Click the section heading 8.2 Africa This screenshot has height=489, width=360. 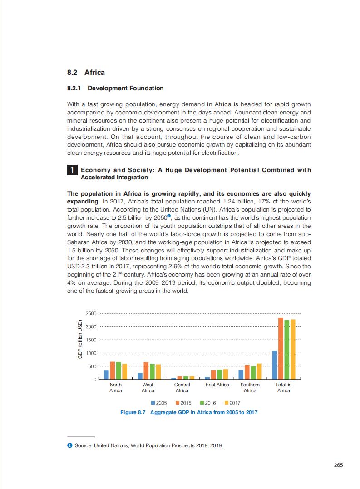click(x=86, y=73)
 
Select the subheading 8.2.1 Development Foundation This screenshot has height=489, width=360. click(x=115, y=88)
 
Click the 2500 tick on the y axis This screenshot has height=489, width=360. click(x=91, y=314)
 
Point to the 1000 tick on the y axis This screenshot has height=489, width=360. click(x=91, y=353)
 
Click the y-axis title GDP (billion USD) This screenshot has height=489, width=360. click(x=80, y=340)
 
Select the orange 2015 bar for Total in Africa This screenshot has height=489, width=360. click(x=281, y=348)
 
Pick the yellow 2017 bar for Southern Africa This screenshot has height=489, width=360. click(x=259, y=371)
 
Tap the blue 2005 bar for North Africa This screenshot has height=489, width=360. click(x=106, y=375)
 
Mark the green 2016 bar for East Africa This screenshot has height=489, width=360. click(x=219, y=374)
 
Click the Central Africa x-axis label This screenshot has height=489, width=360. click(x=182, y=387)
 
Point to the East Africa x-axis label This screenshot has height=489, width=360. click(x=217, y=385)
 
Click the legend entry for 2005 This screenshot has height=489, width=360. click(x=158, y=403)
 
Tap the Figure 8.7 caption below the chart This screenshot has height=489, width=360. click(x=188, y=412)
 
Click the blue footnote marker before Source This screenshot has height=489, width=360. click(x=69, y=445)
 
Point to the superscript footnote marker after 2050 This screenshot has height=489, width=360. click(x=169, y=216)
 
